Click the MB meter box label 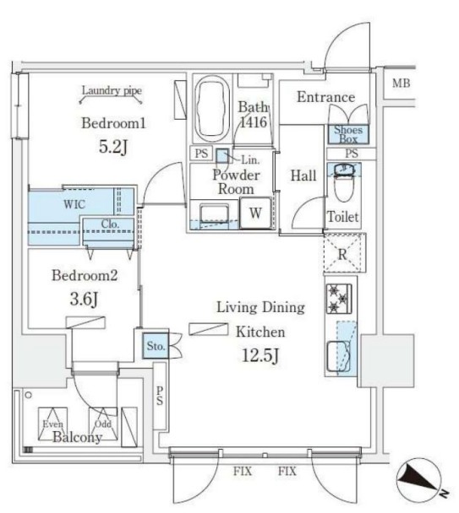[402, 84]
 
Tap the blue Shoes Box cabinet [348, 134]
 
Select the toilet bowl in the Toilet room [343, 182]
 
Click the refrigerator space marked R [345, 253]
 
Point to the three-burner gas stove [339, 299]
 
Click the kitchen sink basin [337, 357]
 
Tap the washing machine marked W [255, 213]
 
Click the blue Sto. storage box [155, 345]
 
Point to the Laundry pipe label [112, 90]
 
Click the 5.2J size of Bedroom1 [113, 147]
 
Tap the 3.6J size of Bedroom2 [84, 299]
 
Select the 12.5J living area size [260, 355]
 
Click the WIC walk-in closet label [74, 204]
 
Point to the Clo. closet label [110, 224]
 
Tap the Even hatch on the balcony [52, 424]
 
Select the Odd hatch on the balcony [103, 424]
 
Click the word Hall [303, 175]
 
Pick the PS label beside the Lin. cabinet [201, 153]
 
